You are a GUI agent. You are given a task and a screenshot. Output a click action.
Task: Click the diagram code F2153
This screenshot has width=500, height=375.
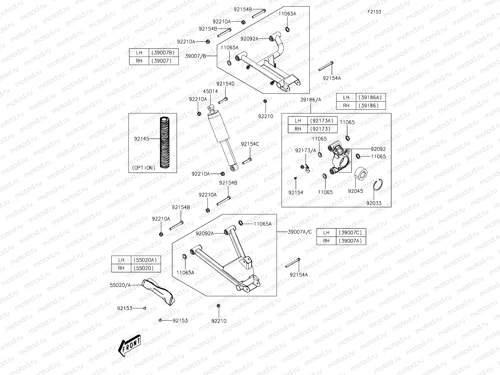pyautogui.click(x=374, y=12)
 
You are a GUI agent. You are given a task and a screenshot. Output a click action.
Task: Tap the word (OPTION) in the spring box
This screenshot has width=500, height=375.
pyautogui.click(x=143, y=168)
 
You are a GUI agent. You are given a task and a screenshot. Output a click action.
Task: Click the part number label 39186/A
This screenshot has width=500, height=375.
pyautogui.click(x=311, y=100)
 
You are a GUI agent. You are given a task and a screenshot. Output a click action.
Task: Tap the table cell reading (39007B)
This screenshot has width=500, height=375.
pyautogui.click(x=163, y=52)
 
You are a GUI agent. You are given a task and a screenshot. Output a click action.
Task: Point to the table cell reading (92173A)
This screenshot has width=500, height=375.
pyautogui.click(x=322, y=121)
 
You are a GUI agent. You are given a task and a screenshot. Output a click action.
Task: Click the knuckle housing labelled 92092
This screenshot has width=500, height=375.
pyautogui.click(x=339, y=158)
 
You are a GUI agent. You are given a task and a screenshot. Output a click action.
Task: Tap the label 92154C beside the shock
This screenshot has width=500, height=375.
pyautogui.click(x=250, y=144)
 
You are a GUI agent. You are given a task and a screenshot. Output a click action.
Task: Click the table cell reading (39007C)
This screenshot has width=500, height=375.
pyautogui.click(x=350, y=232)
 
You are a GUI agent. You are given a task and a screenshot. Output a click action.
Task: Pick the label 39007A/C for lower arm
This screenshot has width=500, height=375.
pyautogui.click(x=300, y=232)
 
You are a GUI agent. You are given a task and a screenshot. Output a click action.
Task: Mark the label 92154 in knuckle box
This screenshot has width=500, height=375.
pyautogui.click(x=296, y=192)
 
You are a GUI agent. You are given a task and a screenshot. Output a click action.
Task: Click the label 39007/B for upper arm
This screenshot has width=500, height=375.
pyautogui.click(x=196, y=56)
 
